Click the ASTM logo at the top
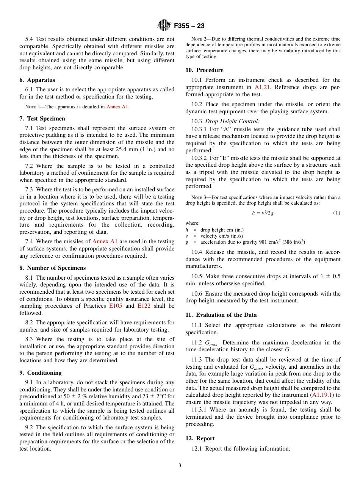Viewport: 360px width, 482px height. pos(164,25)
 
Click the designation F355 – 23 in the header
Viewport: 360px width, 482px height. pos(189,26)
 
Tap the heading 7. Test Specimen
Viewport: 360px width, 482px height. pos(42,119)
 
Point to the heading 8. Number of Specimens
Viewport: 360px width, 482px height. pos(52,268)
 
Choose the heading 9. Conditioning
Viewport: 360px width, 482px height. pos(41,373)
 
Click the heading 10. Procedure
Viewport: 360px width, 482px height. pos(204,70)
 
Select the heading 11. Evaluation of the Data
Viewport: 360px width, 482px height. pos(221,315)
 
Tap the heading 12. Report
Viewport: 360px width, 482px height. pos(200,438)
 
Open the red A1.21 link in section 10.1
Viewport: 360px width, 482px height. pos(263,87)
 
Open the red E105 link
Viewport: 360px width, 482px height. pos(116,306)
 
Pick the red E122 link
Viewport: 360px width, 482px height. pos(144,306)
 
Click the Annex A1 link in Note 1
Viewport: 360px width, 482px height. pos(117,107)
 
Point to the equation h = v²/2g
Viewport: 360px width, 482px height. pos(263,213)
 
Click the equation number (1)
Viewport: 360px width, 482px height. pos(337,213)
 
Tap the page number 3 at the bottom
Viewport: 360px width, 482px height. pos(180,466)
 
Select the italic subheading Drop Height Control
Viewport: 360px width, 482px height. pos(232,121)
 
